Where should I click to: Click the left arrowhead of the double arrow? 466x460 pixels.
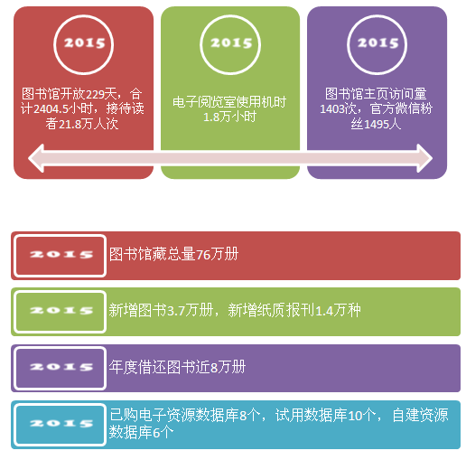[29, 158]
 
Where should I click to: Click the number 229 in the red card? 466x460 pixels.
[95, 95]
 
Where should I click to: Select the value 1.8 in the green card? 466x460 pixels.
[211, 117]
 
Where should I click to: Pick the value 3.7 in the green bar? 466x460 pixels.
[176, 311]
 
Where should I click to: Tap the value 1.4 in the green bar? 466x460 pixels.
[324, 311]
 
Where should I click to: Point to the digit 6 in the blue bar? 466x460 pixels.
[156, 433]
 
